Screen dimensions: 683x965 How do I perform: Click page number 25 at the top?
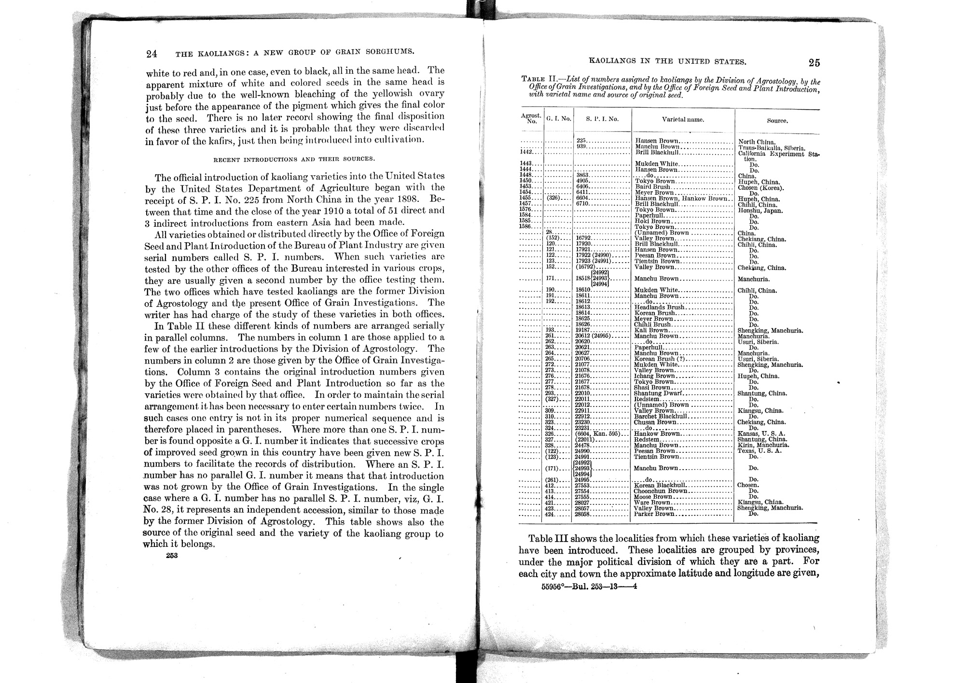pyautogui.click(x=814, y=63)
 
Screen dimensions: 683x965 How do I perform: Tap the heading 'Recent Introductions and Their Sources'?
pyautogui.click(x=294, y=159)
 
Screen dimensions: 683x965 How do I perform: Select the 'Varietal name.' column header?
pyautogui.click(x=682, y=119)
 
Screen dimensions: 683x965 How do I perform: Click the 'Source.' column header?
pyautogui.click(x=777, y=121)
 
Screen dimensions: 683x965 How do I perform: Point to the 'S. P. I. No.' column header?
pyautogui.click(x=602, y=119)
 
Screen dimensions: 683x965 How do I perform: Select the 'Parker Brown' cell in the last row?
pyautogui.click(x=654, y=514)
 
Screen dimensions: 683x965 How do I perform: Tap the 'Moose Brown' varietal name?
pyautogui.click(x=653, y=497)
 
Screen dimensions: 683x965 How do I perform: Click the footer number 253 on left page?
pyautogui.click(x=172, y=556)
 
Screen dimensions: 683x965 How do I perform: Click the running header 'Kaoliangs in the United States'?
pyautogui.click(x=668, y=62)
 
